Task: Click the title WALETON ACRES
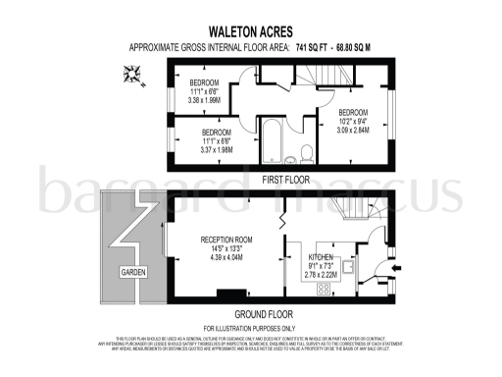pos(250,30)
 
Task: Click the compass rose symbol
pos(131,71)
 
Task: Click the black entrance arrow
pos(394,264)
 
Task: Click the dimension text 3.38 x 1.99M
pos(205,98)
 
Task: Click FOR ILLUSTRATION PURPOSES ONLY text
pos(251,327)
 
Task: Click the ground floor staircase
pos(346,211)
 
